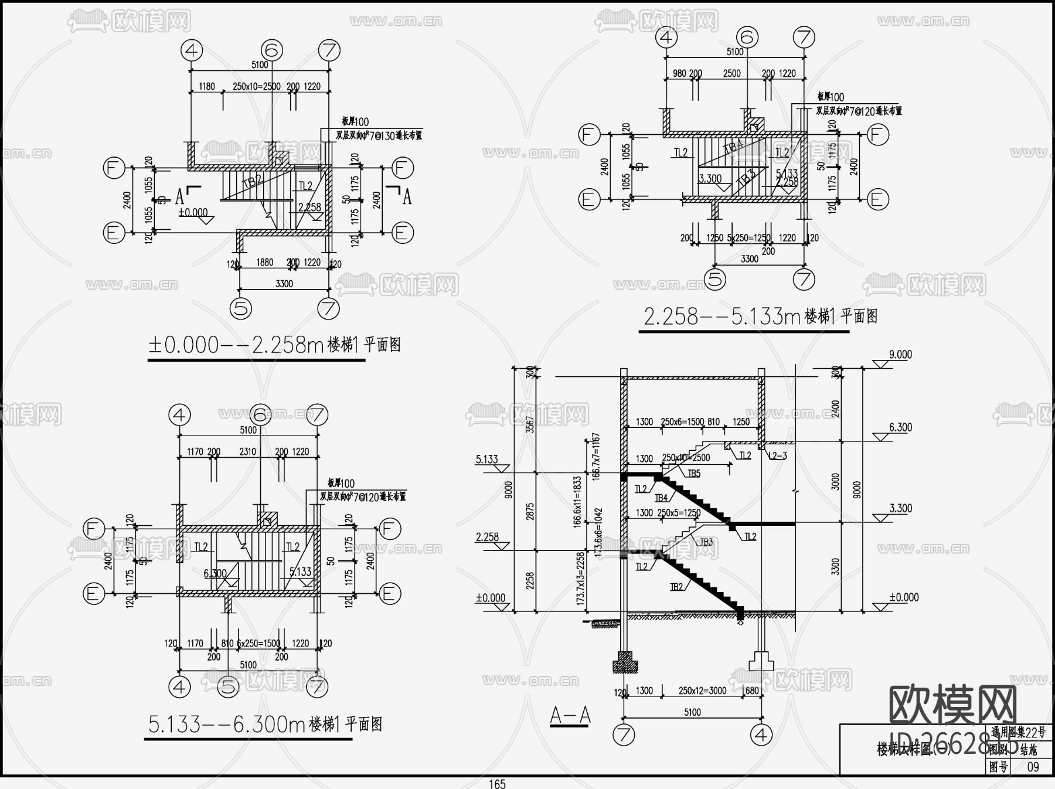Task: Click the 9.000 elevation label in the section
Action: pyautogui.click(x=900, y=355)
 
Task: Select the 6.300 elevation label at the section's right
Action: pyautogui.click(x=900, y=427)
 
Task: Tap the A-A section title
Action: pyautogui.click(x=570, y=715)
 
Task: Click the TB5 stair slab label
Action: pyautogui.click(x=694, y=474)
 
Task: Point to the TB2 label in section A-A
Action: pyautogui.click(x=676, y=586)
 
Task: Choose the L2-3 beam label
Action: pyautogui.click(x=777, y=455)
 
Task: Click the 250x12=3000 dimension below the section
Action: pyautogui.click(x=702, y=691)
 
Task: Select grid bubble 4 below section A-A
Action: pyautogui.click(x=761, y=734)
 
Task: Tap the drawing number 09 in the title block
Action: pyautogui.click(x=1033, y=767)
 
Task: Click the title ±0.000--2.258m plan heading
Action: pyautogui.click(x=274, y=345)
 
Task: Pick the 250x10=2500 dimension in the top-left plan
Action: pyautogui.click(x=256, y=86)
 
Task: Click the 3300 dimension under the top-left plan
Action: pyautogui.click(x=284, y=284)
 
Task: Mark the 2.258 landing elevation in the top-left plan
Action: pyautogui.click(x=309, y=207)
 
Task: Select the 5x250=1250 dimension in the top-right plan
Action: pyautogui.click(x=748, y=238)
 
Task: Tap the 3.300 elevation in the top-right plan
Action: pyautogui.click(x=710, y=178)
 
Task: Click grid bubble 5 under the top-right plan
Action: pyautogui.click(x=714, y=279)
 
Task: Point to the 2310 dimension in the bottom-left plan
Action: pyautogui.click(x=248, y=451)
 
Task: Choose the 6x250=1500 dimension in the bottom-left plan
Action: pyautogui.click(x=258, y=643)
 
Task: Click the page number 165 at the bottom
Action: pyautogui.click(x=497, y=784)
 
